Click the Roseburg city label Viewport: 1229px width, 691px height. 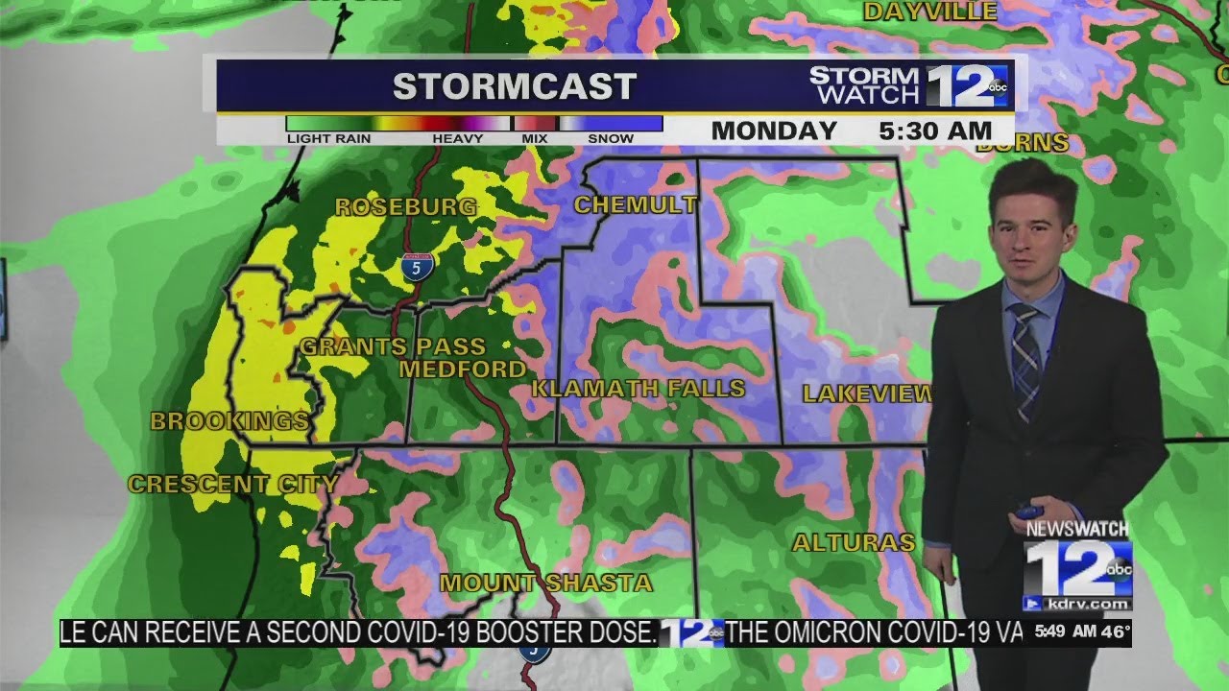(x=405, y=206)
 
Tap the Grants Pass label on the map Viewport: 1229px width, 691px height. (x=393, y=346)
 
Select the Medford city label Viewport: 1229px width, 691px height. (x=463, y=369)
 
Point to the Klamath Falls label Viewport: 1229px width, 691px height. (x=639, y=389)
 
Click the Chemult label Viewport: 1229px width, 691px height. (x=635, y=204)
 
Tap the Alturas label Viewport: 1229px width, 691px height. (x=853, y=543)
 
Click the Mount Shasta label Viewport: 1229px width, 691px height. (x=546, y=583)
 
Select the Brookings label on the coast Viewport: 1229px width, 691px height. (x=229, y=420)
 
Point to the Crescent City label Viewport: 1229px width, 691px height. (x=232, y=485)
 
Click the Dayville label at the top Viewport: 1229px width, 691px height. (x=930, y=12)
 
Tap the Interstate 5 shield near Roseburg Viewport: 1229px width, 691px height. (x=416, y=267)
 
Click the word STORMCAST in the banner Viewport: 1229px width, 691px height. (x=515, y=86)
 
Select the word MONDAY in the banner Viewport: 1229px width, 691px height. (x=774, y=131)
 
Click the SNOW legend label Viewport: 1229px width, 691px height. (x=611, y=138)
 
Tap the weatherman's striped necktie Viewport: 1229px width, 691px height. (x=1024, y=360)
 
